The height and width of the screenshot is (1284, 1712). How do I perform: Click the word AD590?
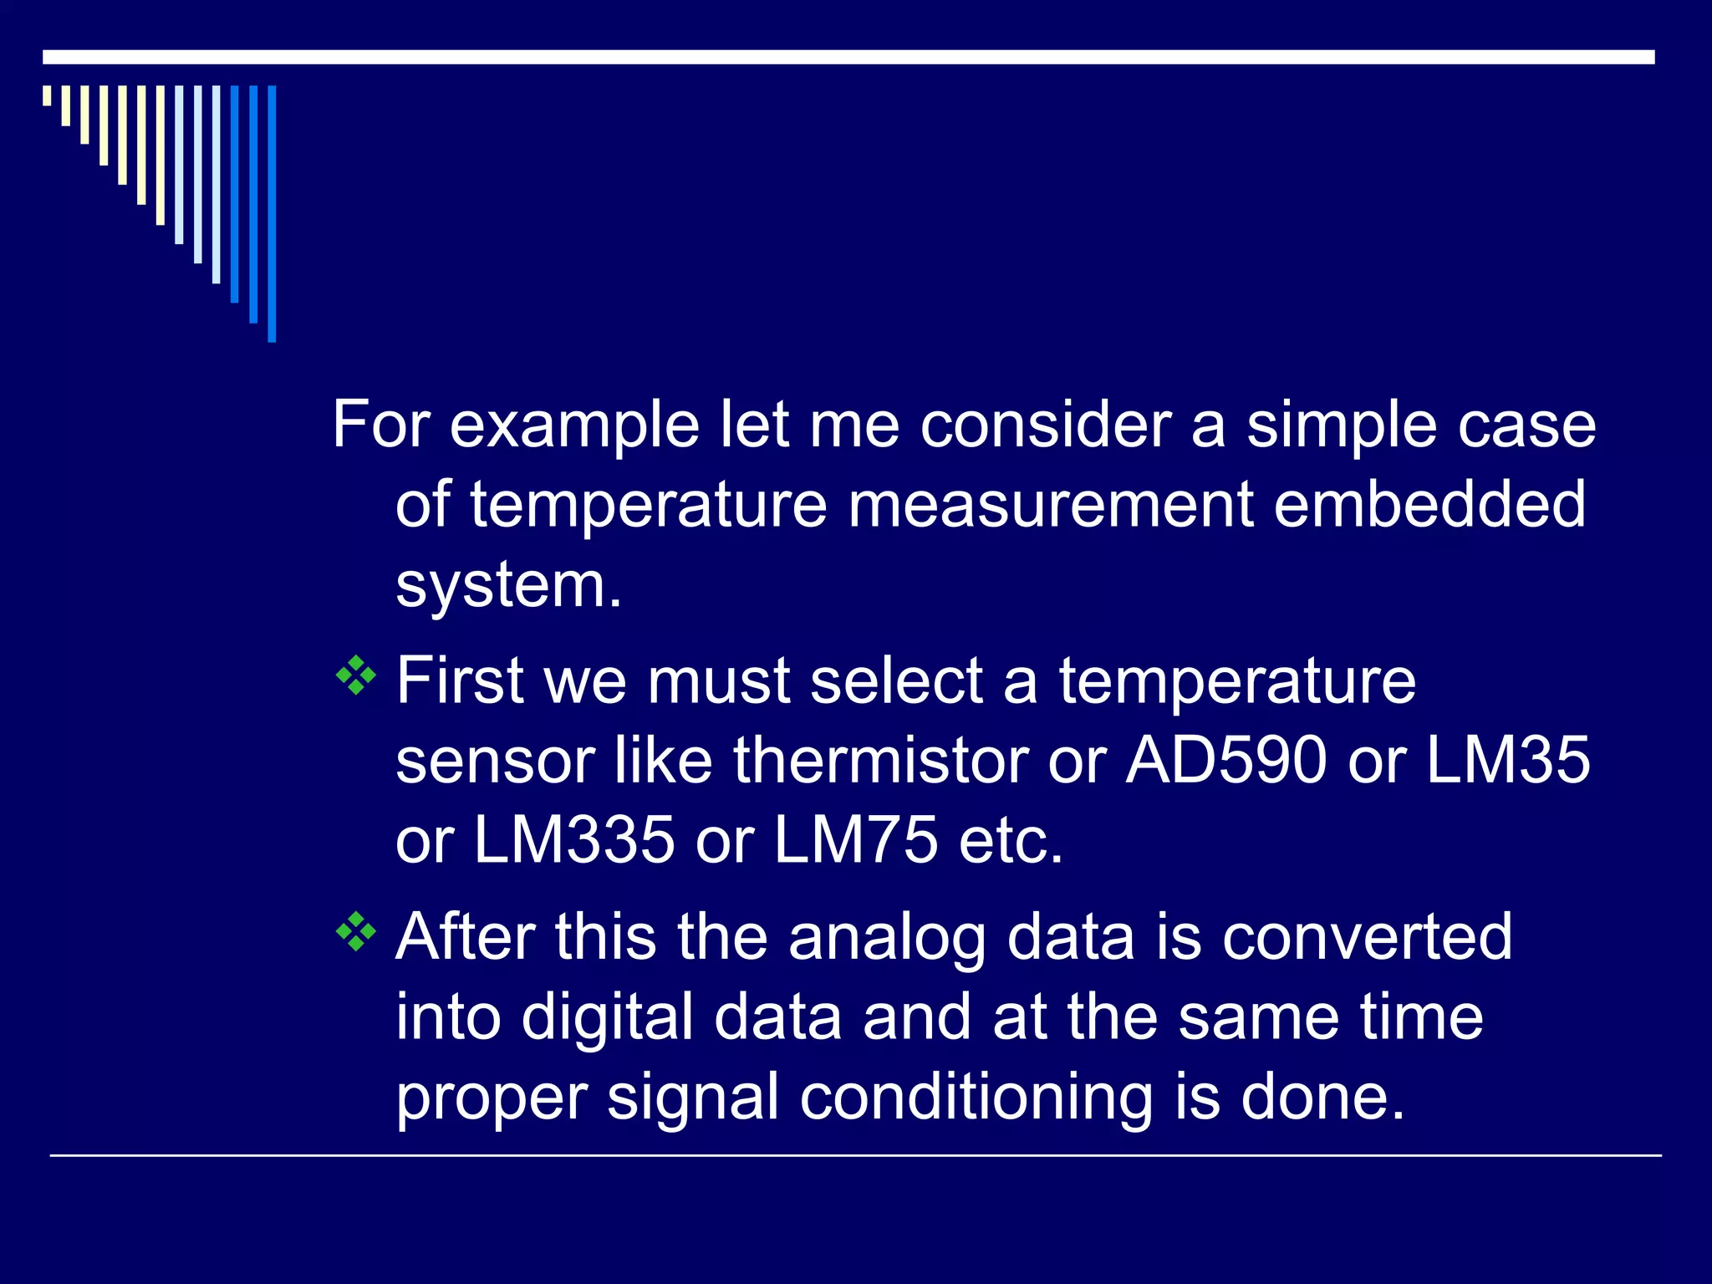click(1225, 761)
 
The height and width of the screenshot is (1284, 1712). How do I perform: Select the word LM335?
click(574, 840)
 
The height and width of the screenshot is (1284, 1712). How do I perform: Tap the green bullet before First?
click(356, 676)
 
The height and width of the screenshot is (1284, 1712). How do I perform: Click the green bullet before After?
click(356, 932)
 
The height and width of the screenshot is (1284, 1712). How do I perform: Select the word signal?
click(693, 1098)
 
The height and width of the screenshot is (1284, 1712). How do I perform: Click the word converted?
click(1367, 937)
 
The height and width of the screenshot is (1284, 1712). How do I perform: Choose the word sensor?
click(495, 761)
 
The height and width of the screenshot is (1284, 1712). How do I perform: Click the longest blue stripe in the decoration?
click(272, 213)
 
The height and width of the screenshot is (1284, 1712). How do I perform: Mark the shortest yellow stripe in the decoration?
click(47, 95)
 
